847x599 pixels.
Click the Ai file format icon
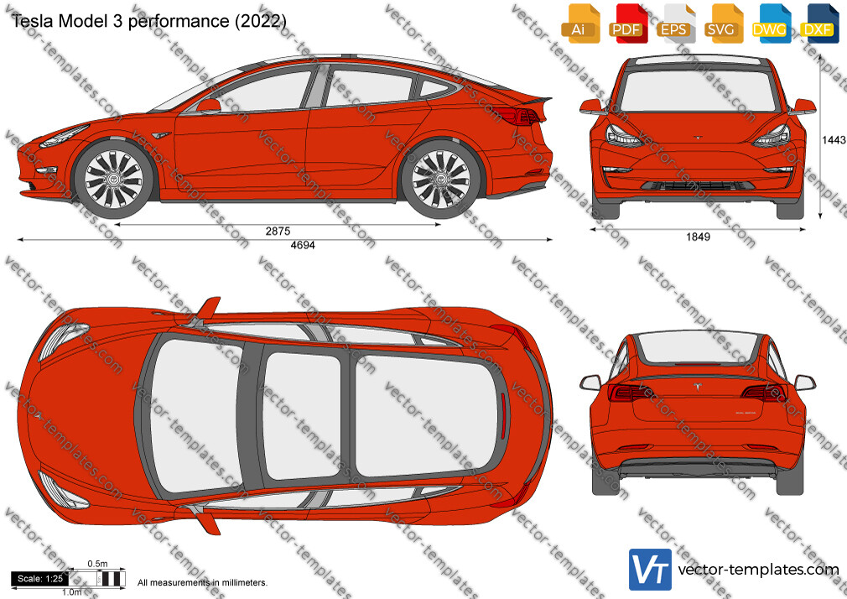point(580,23)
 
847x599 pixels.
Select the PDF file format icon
point(627,23)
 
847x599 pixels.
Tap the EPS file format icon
point(675,23)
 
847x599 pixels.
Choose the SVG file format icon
point(723,23)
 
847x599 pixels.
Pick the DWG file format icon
point(771,23)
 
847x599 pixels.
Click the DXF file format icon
point(819,23)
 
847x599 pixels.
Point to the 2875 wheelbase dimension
point(278,231)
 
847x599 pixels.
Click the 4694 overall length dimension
point(303,245)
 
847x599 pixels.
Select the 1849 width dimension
point(698,237)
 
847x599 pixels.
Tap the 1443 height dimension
point(834,140)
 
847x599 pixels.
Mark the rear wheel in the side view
point(441,179)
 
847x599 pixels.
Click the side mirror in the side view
point(209,106)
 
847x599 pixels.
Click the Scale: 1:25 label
point(40,579)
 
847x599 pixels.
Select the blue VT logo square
point(650,570)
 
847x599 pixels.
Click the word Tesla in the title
point(33,21)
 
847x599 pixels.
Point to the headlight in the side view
point(64,136)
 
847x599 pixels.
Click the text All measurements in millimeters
point(203,583)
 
